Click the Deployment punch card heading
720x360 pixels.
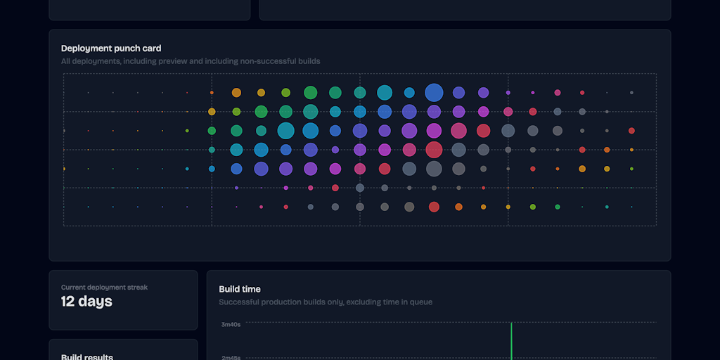[x=111, y=49]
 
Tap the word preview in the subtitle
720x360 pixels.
[x=175, y=61]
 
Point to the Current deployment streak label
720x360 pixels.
[x=104, y=287]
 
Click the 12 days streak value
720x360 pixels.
[x=86, y=302]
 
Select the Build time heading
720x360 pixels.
[x=240, y=289]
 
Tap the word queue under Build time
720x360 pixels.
[x=420, y=302]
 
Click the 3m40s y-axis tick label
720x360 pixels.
[x=231, y=324]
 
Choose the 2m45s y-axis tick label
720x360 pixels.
[x=231, y=357]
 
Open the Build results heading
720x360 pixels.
[x=87, y=356]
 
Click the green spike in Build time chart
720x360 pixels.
[x=511, y=341]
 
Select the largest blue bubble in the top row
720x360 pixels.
[x=434, y=93]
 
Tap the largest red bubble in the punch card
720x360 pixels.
[x=434, y=150]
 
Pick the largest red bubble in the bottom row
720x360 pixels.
[x=434, y=207]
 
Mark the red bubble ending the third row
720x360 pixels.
[x=631, y=131]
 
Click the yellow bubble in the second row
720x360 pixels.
[x=212, y=112]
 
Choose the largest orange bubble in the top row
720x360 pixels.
[x=236, y=93]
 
